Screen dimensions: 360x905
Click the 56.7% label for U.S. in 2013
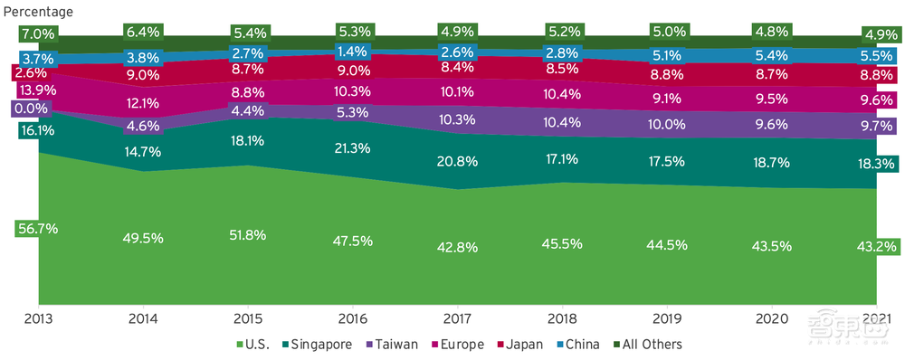click(x=36, y=229)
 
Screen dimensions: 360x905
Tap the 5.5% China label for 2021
click(x=876, y=56)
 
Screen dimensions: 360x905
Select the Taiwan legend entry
click(x=395, y=345)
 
